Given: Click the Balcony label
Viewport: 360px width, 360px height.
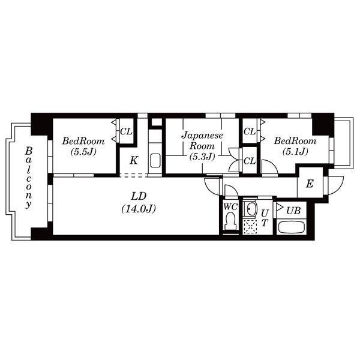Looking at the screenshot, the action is coord(29,178).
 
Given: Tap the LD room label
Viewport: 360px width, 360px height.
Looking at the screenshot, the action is coord(139,196).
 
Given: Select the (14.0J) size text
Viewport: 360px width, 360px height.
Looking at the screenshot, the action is coord(139,209).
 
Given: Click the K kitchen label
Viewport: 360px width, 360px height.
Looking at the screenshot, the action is coord(133,160).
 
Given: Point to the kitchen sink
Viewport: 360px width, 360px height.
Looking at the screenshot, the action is coord(155,160).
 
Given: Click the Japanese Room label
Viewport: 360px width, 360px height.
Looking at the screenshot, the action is coord(202,140).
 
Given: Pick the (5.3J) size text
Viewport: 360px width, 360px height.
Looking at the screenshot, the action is coord(202,157).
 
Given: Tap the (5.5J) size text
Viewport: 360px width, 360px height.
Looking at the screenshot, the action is coord(83,152).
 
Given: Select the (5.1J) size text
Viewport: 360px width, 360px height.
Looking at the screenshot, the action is coord(295,151).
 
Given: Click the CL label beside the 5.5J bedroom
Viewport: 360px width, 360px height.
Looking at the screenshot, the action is coord(126,131).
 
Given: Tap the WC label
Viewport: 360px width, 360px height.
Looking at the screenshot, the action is coord(230,207).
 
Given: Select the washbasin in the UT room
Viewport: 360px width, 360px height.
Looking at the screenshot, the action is coord(251,209).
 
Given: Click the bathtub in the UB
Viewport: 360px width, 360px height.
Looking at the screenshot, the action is coord(292,227).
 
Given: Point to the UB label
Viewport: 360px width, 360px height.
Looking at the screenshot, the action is coord(293,211).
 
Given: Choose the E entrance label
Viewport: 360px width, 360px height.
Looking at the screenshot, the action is coord(310,184).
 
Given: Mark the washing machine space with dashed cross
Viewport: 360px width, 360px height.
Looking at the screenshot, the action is coord(250,227).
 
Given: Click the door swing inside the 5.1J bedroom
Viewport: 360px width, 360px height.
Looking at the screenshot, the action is coord(273,164).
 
